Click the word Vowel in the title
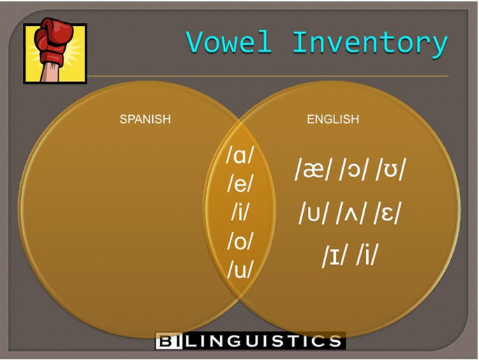click(229, 42)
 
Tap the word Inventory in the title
click(370, 44)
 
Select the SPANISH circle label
click(145, 119)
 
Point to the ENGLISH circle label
click(333, 119)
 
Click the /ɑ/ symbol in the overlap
click(239, 156)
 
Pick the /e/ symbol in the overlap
click(240, 183)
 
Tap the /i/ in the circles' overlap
click(240, 212)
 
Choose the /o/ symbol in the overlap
click(240, 241)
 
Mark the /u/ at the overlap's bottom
click(240, 269)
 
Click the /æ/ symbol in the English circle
click(313, 170)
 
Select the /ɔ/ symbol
click(353, 170)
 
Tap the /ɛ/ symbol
click(387, 213)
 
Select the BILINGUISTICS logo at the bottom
click(251, 340)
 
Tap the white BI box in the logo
click(169, 340)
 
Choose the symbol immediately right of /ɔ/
click(391, 170)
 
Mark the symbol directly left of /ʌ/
click(314, 213)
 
